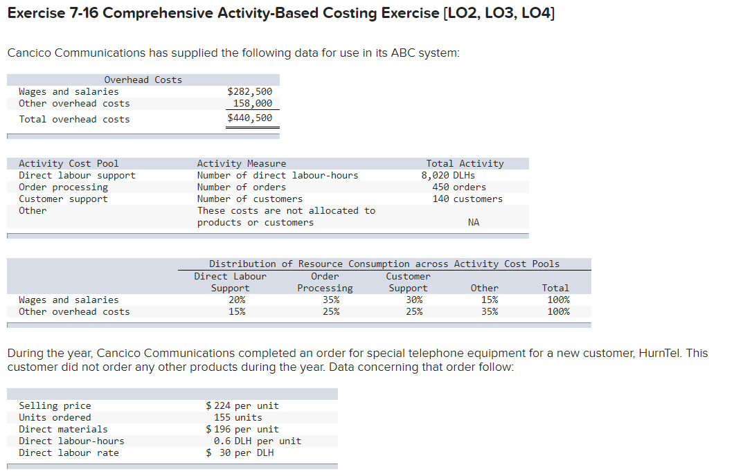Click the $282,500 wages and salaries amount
[x=250, y=91]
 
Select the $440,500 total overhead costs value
[x=250, y=118]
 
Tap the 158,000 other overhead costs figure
[x=253, y=103]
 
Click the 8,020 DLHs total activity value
[x=448, y=175]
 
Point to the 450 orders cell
[x=459, y=187]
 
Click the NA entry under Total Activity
[x=474, y=222]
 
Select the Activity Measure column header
[x=242, y=163]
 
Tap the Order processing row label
[x=64, y=187]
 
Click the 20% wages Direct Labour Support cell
[x=237, y=300]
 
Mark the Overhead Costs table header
[x=143, y=80]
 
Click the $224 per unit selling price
[x=242, y=405]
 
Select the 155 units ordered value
[x=238, y=417]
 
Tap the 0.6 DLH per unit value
[x=258, y=441]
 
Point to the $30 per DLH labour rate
[x=240, y=452]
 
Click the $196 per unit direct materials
[x=242, y=429]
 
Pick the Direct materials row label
[x=63, y=429]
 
